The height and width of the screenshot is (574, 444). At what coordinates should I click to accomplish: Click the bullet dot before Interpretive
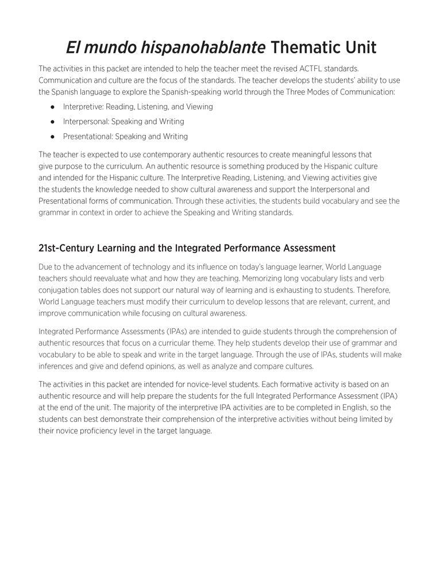tap(52, 107)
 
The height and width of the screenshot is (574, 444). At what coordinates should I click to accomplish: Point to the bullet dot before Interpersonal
tap(52, 122)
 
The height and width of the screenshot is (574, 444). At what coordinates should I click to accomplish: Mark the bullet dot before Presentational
tap(52, 137)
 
